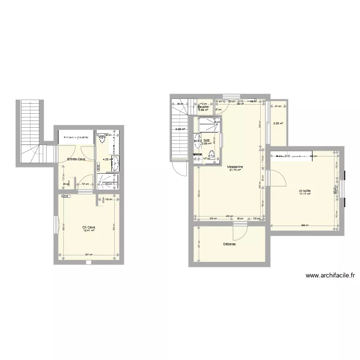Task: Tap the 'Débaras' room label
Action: click(x=229, y=244)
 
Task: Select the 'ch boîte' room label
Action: click(x=304, y=191)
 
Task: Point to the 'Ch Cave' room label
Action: click(x=88, y=227)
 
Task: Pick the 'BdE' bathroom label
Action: click(x=206, y=140)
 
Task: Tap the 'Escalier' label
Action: click(x=204, y=107)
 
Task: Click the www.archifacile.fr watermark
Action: click(x=330, y=276)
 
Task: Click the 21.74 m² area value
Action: click(x=236, y=170)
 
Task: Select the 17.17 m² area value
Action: click(x=305, y=194)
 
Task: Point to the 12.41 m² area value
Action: click(x=88, y=230)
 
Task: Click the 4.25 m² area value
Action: click(x=106, y=159)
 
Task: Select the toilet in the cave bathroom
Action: click(x=102, y=140)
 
